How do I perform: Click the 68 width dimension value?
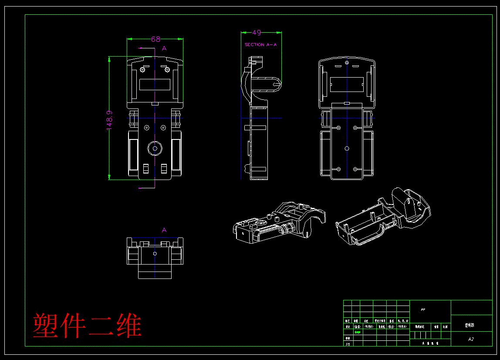[x=155, y=39]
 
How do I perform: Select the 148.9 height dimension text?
[x=110, y=120]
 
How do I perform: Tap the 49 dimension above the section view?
[x=257, y=32]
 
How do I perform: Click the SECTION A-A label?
[x=260, y=44]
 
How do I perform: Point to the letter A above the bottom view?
[x=164, y=230]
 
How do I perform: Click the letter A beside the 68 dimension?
[x=164, y=48]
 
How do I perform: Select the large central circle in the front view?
[x=155, y=148]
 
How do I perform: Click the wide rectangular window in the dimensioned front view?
[x=155, y=84]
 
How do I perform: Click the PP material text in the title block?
[x=423, y=310]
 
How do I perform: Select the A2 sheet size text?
[x=471, y=339]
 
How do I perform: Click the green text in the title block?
[x=358, y=332]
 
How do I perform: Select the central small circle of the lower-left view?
[x=155, y=253]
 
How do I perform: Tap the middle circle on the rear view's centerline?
[x=347, y=149]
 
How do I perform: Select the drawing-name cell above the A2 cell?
[x=471, y=325]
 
